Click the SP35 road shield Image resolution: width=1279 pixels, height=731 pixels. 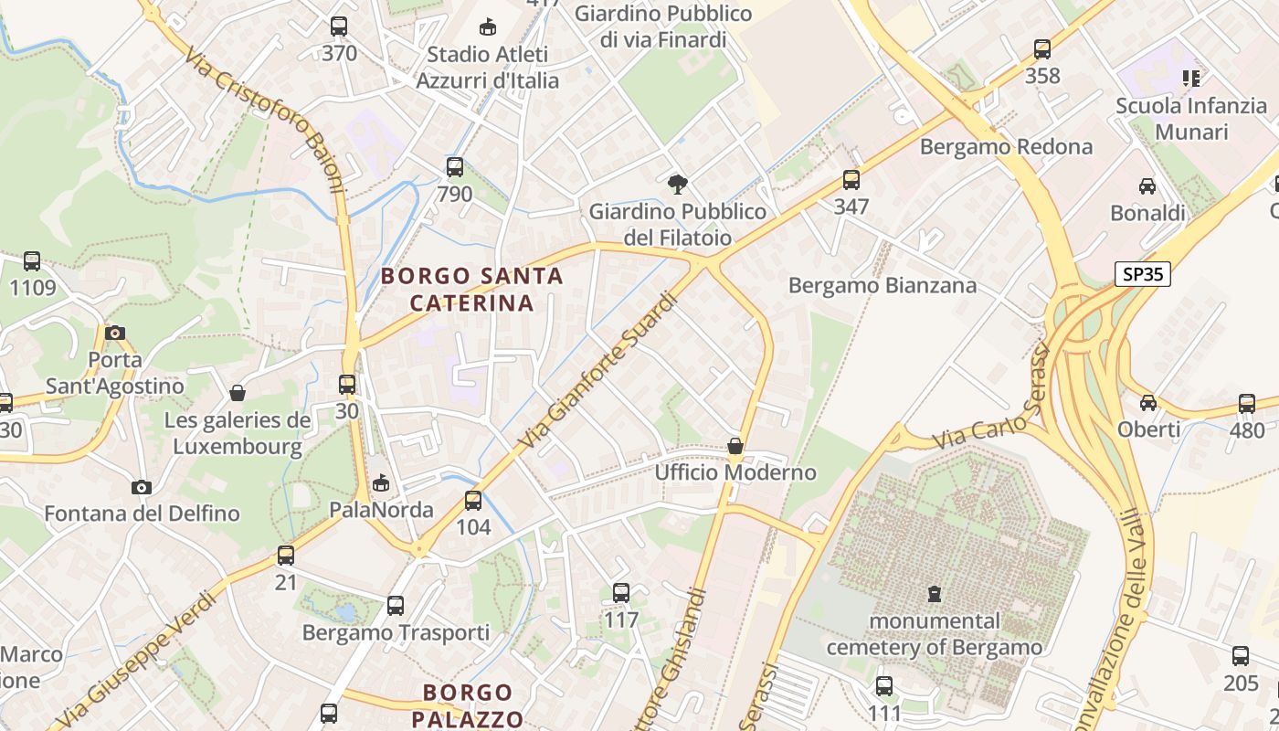pos(1142,274)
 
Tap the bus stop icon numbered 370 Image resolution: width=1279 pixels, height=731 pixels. pos(339,26)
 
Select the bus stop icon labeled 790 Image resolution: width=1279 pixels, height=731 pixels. pos(454,167)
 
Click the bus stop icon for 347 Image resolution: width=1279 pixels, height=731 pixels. pos(851,180)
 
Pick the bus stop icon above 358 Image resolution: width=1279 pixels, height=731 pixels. pos(1042,49)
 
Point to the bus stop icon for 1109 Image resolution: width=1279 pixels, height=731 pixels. pos(32,261)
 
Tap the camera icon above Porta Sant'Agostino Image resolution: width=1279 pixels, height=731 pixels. pos(115,333)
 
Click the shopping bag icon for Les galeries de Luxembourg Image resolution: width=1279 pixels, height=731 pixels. pos(238,393)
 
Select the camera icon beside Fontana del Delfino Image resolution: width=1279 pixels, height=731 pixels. pos(141,487)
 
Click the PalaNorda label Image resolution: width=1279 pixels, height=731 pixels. pos(381,509)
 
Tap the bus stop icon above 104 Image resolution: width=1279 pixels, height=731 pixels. pos(472,501)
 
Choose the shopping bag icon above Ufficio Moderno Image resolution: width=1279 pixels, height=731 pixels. pos(735,446)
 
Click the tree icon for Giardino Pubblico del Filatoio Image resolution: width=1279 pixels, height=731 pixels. pos(677,185)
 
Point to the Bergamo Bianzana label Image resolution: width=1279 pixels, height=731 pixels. pos(883,285)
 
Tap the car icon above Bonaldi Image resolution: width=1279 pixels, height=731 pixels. pos(1147,186)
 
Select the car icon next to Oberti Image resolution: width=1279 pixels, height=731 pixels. pos(1148,403)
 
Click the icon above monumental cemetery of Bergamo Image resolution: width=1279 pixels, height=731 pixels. pos(934,594)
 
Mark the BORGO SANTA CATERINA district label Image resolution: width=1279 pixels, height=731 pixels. pos(471,289)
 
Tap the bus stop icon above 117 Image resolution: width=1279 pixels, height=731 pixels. pos(621,593)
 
